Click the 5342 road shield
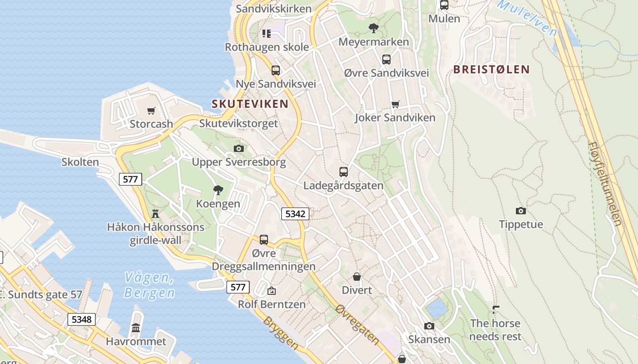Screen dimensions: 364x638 click(x=295, y=213)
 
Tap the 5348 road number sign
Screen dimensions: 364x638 click(x=82, y=319)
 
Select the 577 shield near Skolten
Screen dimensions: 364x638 click(x=130, y=179)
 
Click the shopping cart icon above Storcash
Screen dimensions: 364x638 click(x=151, y=111)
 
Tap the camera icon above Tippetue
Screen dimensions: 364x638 click(x=521, y=211)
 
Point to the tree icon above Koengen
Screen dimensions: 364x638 click(x=218, y=190)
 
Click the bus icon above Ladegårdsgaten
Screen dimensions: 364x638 click(x=344, y=172)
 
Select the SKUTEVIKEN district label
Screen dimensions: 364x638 click(x=250, y=104)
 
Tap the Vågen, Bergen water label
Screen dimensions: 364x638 click(x=149, y=285)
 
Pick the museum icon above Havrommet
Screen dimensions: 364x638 click(x=136, y=328)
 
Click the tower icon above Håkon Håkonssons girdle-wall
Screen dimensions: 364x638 click(x=155, y=213)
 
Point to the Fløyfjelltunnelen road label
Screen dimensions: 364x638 click(x=604, y=183)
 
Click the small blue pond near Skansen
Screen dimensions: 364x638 click(x=437, y=308)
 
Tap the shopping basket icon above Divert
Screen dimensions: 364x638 click(x=357, y=277)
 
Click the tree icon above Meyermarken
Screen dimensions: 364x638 click(x=374, y=28)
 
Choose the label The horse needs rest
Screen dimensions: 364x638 click(x=495, y=330)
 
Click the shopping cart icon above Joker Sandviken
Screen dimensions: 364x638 click(x=396, y=104)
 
